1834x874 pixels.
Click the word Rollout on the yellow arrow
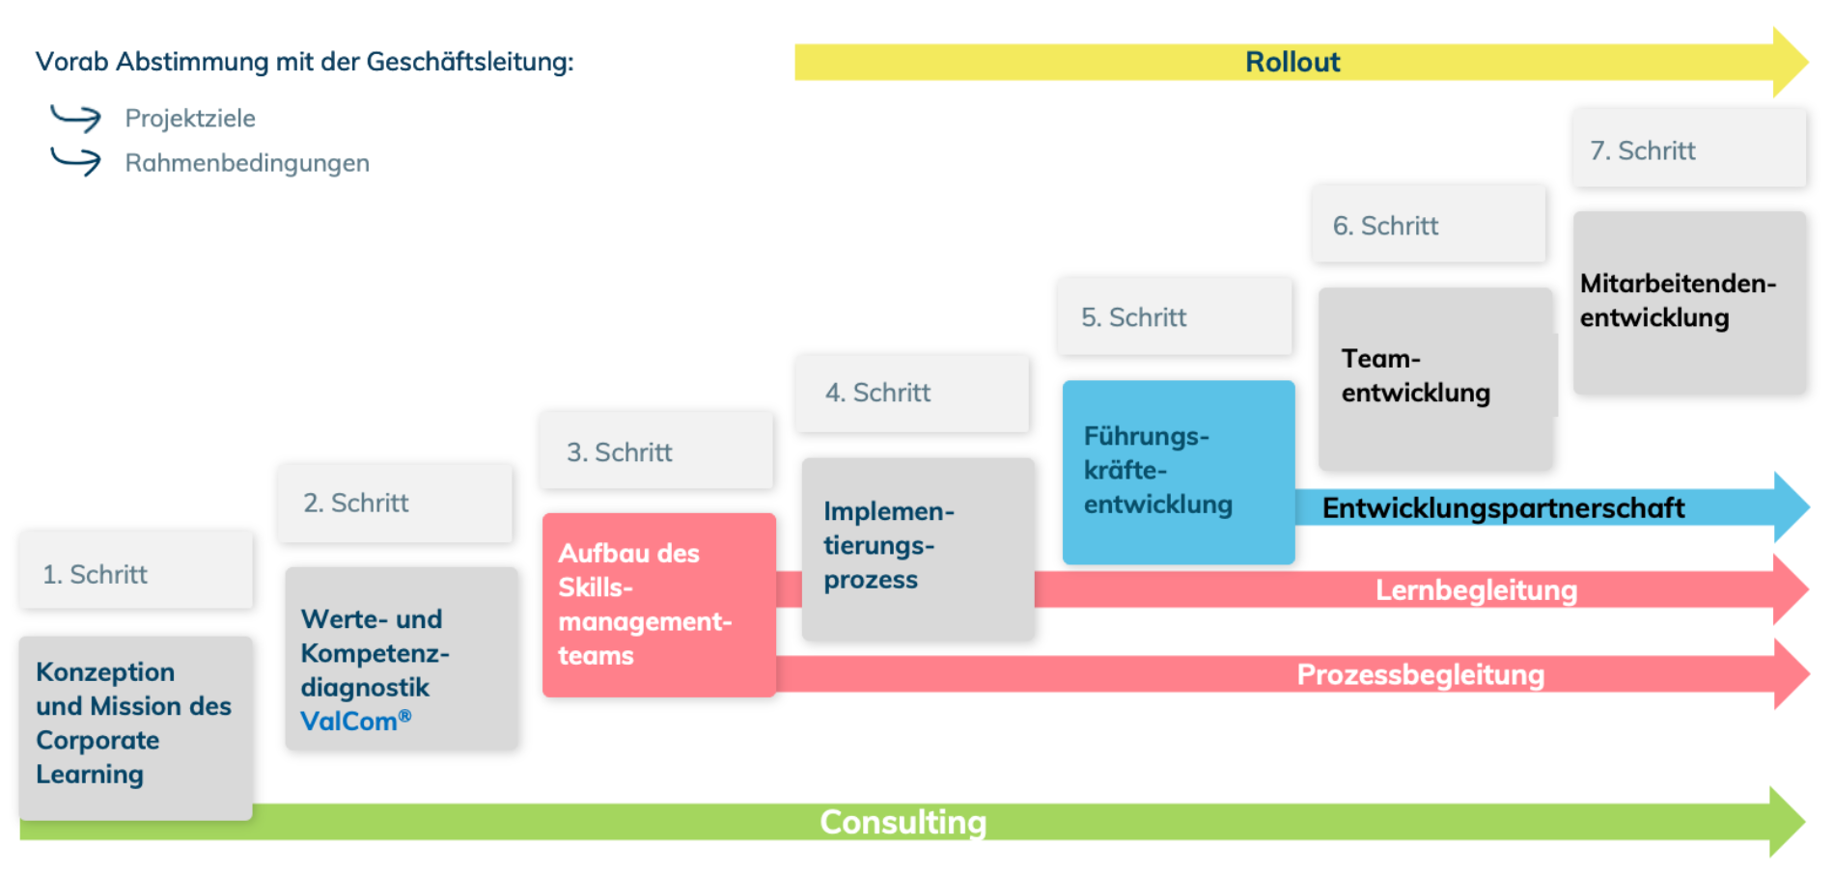coord(1292,62)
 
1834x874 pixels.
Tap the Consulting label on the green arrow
coord(903,822)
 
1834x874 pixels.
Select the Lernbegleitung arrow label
coord(1475,589)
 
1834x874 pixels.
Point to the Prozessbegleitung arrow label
coord(1419,674)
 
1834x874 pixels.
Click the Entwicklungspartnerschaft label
coord(1502,507)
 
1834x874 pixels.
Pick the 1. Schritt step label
coord(96,574)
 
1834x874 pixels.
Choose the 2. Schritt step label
coord(356,503)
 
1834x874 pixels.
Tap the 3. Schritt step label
coord(620,452)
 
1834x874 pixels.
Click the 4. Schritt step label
coord(877,393)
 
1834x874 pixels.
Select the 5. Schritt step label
coord(1133,317)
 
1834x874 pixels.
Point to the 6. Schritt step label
coord(1385,226)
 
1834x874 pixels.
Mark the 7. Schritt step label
coord(1643,150)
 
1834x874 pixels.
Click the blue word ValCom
coord(348,721)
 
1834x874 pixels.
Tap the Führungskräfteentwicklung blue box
coord(1178,472)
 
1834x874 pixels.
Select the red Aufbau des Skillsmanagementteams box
coord(658,605)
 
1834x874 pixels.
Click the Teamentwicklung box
coord(1435,377)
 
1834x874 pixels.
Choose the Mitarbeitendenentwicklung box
coord(1689,302)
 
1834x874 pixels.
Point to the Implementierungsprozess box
coord(917,547)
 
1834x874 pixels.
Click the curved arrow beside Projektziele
coord(75,118)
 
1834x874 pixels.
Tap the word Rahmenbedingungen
coord(247,163)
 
